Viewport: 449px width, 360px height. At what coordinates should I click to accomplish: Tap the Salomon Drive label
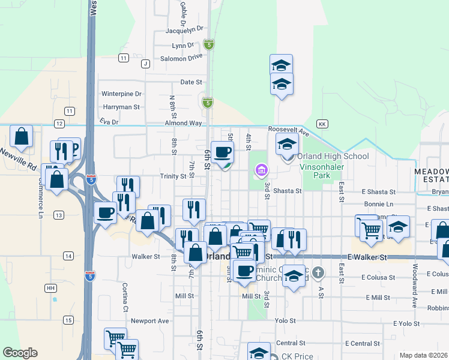pyautogui.click(x=181, y=58)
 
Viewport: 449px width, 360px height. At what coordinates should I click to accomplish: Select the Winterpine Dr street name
pyautogui.click(x=121, y=94)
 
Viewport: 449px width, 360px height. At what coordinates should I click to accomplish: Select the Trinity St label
pyautogui.click(x=173, y=176)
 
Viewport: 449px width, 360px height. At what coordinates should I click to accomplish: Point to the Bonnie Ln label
pyautogui.click(x=381, y=204)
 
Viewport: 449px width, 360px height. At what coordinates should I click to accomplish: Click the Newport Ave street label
pyautogui.click(x=150, y=320)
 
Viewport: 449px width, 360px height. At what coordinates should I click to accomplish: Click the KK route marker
pyautogui.click(x=322, y=124)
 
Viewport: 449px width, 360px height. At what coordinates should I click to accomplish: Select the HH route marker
pyautogui.click(x=50, y=288)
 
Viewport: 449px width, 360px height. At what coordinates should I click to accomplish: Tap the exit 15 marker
pyautogui.click(x=68, y=320)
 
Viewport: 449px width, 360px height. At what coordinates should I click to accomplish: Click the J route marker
pyautogui.click(x=145, y=64)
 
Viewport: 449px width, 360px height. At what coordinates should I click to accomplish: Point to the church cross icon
pyautogui.click(x=318, y=274)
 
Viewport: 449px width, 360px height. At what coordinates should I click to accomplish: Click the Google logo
pyautogui.click(x=20, y=353)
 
